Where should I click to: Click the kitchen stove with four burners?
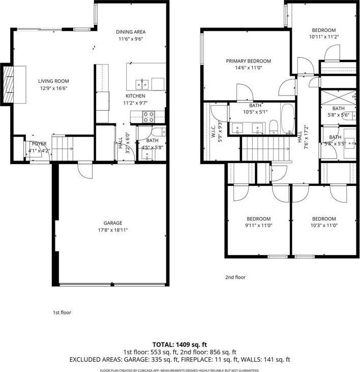(x=148, y=115)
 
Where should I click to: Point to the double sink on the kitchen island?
(x=142, y=84)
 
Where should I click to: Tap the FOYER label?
(x=39, y=144)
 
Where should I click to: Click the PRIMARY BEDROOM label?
(x=248, y=61)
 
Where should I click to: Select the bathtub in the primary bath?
(x=287, y=118)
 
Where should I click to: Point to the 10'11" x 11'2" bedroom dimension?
(x=323, y=37)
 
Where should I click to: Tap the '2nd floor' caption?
(x=235, y=277)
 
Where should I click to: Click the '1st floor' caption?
(x=62, y=313)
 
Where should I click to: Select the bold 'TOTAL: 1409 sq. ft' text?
(x=179, y=345)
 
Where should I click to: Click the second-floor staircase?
(x=257, y=148)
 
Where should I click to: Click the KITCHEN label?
(x=135, y=96)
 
